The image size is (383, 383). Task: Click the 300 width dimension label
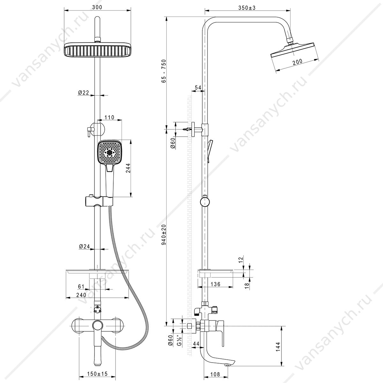click(x=97, y=7)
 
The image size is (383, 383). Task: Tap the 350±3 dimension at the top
click(x=247, y=8)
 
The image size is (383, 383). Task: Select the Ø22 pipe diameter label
click(x=84, y=93)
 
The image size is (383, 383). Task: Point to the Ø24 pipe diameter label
click(x=84, y=246)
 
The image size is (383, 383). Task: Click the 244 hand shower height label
click(x=128, y=168)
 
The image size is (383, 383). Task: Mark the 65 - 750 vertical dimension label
click(x=164, y=71)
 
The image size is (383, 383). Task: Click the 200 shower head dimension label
click(x=297, y=62)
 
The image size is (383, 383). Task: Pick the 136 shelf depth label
click(x=215, y=284)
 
